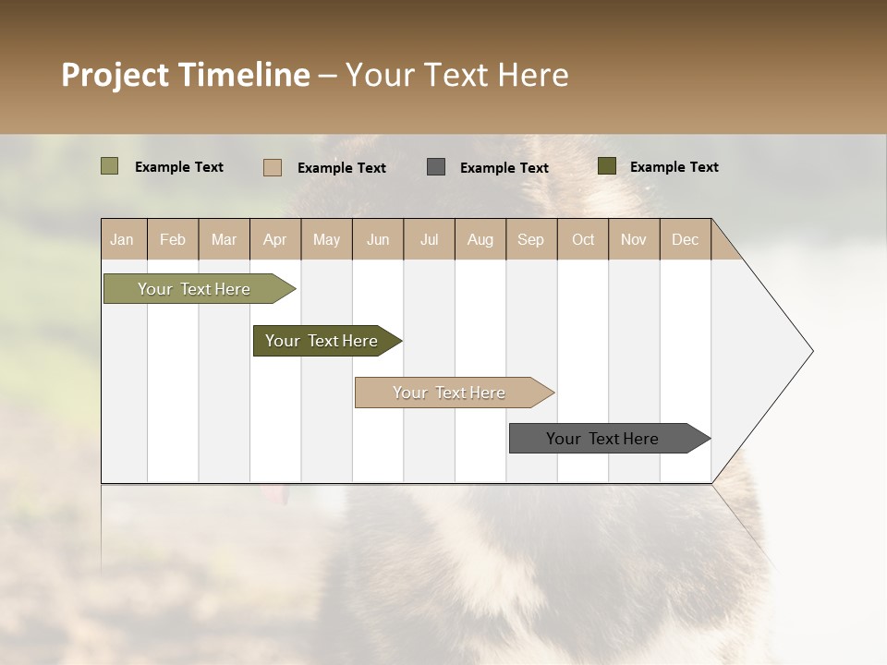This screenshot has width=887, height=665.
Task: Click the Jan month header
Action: [122, 239]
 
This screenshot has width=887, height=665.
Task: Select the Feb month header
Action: [173, 239]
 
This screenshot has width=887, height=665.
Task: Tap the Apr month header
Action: [274, 239]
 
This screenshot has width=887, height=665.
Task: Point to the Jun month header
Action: [378, 239]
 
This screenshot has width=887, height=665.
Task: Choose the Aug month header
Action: [480, 239]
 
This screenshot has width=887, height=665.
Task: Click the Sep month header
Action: [530, 239]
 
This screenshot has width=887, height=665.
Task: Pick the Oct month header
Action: [583, 239]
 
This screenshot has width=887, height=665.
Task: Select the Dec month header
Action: [685, 239]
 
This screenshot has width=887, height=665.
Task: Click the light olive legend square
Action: [109, 166]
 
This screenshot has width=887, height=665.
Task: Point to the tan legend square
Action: [272, 167]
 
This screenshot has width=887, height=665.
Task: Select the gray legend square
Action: [436, 167]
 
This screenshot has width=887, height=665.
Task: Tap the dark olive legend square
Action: [606, 166]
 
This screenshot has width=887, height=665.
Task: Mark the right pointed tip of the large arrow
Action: [811, 351]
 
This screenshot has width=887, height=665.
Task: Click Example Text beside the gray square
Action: [504, 168]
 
